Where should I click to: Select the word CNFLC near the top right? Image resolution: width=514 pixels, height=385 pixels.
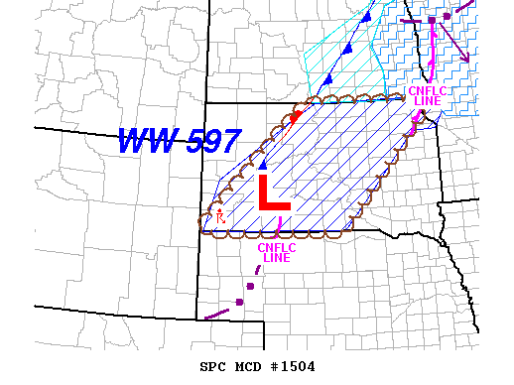(x=429, y=91)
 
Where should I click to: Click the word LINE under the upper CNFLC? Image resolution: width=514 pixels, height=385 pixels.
(x=429, y=101)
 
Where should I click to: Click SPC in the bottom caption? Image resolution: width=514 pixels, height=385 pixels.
(x=212, y=367)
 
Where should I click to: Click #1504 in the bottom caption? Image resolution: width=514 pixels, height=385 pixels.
(x=293, y=367)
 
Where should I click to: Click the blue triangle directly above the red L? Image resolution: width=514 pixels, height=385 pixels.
(x=262, y=165)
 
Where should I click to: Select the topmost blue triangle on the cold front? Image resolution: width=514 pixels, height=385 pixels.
(x=367, y=17)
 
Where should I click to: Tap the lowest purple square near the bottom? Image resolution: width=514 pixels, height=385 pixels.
(x=239, y=302)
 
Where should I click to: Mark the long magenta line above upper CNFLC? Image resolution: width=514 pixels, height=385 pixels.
(x=434, y=50)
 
